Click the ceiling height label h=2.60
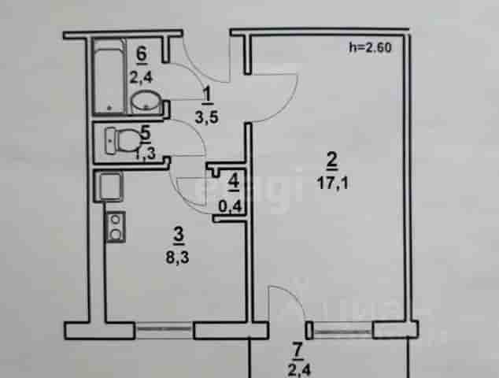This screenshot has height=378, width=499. [x=370, y=47]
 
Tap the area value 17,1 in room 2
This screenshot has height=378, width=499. [x=333, y=183]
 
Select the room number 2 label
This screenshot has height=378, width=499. [x=332, y=160]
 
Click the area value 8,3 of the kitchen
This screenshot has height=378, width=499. [x=177, y=258]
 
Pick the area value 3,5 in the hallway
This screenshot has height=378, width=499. [x=206, y=117]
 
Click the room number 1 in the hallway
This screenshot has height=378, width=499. [x=208, y=95]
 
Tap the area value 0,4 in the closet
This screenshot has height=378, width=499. [x=231, y=206]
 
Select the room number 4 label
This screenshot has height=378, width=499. [x=234, y=183]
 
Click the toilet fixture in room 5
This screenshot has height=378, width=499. [x=122, y=141]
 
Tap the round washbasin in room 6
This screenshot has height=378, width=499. [x=146, y=100]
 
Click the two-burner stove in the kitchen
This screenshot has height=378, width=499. [x=115, y=227]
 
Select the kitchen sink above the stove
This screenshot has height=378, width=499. [x=109, y=187]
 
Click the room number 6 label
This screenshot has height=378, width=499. [x=142, y=54]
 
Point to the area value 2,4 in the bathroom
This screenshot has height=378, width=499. [x=142, y=77]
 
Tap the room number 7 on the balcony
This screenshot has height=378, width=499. [x=298, y=351]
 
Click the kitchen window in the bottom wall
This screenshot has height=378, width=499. [x=164, y=329]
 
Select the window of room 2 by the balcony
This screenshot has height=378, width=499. [x=342, y=332]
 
